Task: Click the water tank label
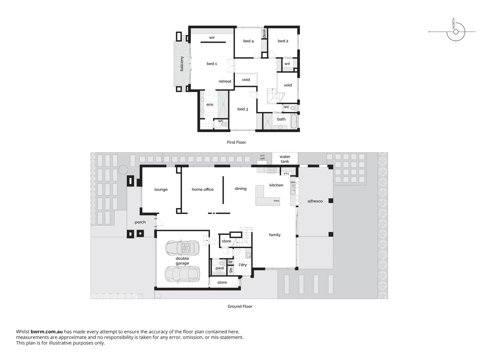(x=285, y=159)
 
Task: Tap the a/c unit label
(x=262, y=157)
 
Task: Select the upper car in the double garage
(x=182, y=247)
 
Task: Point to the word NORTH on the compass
(x=454, y=23)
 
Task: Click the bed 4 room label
(x=248, y=41)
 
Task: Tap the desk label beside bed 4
(x=264, y=33)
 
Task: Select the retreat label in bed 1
(x=225, y=81)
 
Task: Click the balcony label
(x=182, y=64)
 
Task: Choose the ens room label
(x=210, y=104)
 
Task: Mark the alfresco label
(x=315, y=201)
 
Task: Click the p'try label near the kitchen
(x=286, y=173)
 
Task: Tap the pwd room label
(x=219, y=268)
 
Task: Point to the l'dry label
(x=243, y=265)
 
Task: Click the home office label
(x=203, y=189)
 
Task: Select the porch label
(x=140, y=222)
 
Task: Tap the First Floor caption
(x=236, y=142)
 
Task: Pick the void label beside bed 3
(x=246, y=80)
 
